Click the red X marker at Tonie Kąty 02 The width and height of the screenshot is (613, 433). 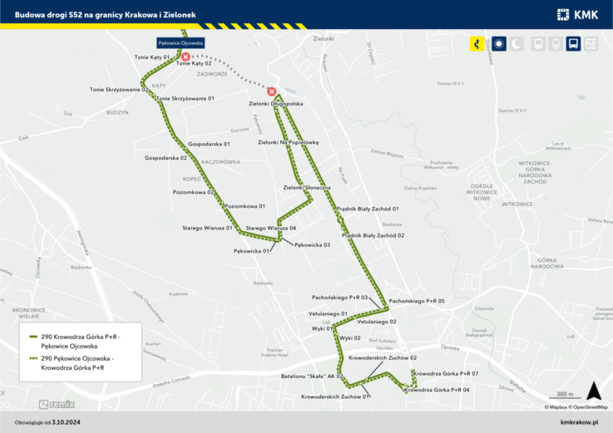click(x=185, y=57)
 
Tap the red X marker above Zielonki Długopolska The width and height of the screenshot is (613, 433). click(x=272, y=91)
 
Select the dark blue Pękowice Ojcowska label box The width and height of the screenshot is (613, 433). click(x=180, y=42)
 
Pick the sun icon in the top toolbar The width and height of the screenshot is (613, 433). click(x=499, y=44)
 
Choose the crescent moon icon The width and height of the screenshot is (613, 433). click(x=518, y=44)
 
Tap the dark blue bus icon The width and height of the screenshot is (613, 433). click(x=573, y=44)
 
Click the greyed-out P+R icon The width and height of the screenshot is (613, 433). click(x=591, y=44)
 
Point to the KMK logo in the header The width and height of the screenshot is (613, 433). click(x=577, y=14)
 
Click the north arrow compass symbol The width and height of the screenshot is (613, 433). click(x=593, y=391)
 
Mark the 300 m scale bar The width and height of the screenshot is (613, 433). click(x=565, y=398)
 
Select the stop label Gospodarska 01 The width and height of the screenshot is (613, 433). click(x=209, y=144)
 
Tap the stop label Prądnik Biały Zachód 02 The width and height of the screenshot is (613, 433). click(x=373, y=236)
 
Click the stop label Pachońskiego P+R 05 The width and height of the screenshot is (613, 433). click(x=418, y=301)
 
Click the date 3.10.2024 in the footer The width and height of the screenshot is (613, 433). click(x=67, y=422)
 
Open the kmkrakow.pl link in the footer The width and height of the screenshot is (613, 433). click(x=578, y=422)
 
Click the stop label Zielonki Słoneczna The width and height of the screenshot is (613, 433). click(x=306, y=187)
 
